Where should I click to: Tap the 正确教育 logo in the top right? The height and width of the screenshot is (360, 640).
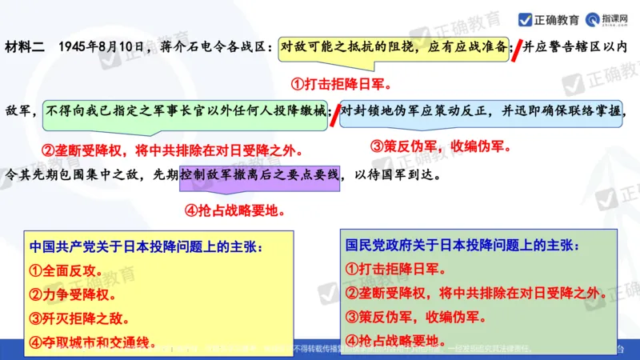(x=549, y=18)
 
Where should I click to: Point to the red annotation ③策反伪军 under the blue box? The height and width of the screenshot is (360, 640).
(x=439, y=146)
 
